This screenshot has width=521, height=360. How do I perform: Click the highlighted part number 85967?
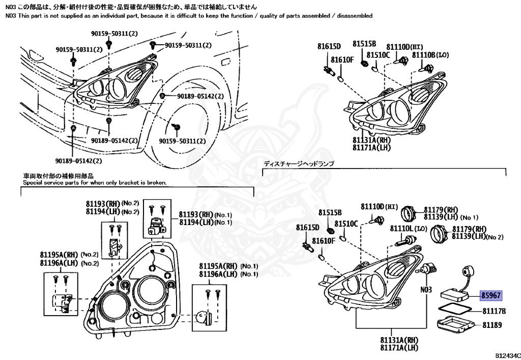pos(491,295)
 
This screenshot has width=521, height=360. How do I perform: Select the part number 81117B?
pos(494,311)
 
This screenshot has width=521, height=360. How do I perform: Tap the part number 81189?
pos(492,325)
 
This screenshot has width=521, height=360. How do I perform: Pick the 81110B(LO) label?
pos(430,55)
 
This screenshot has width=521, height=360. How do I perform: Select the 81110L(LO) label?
pos(408,229)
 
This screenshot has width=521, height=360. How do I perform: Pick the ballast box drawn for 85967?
pos(456,294)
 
